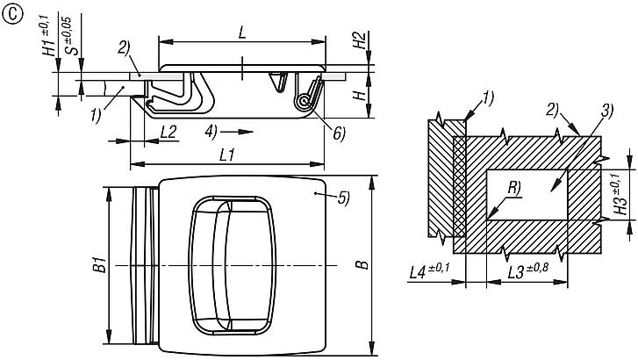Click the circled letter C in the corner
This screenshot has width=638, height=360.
click(x=11, y=15)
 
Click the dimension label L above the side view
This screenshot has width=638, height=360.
click(x=242, y=32)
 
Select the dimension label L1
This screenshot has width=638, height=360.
click(x=227, y=155)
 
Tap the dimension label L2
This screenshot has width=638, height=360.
click(x=168, y=132)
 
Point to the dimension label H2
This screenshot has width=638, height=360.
click(x=360, y=40)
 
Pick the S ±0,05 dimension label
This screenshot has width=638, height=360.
click(x=70, y=36)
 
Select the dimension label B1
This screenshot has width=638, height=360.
click(x=100, y=264)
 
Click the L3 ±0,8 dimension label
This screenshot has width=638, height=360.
click(x=527, y=271)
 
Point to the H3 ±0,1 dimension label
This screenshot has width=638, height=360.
click(x=620, y=194)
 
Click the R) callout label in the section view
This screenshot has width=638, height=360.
click(x=514, y=188)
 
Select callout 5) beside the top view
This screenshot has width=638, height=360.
click(x=344, y=198)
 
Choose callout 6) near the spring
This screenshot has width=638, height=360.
click(x=339, y=133)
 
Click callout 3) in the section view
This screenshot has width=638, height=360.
click(x=606, y=111)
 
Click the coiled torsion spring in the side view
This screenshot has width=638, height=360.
click(x=304, y=101)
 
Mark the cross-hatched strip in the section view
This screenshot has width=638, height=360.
click(x=459, y=186)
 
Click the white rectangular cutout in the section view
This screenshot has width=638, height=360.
click(x=527, y=195)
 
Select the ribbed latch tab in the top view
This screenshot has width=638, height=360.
click(x=145, y=265)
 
